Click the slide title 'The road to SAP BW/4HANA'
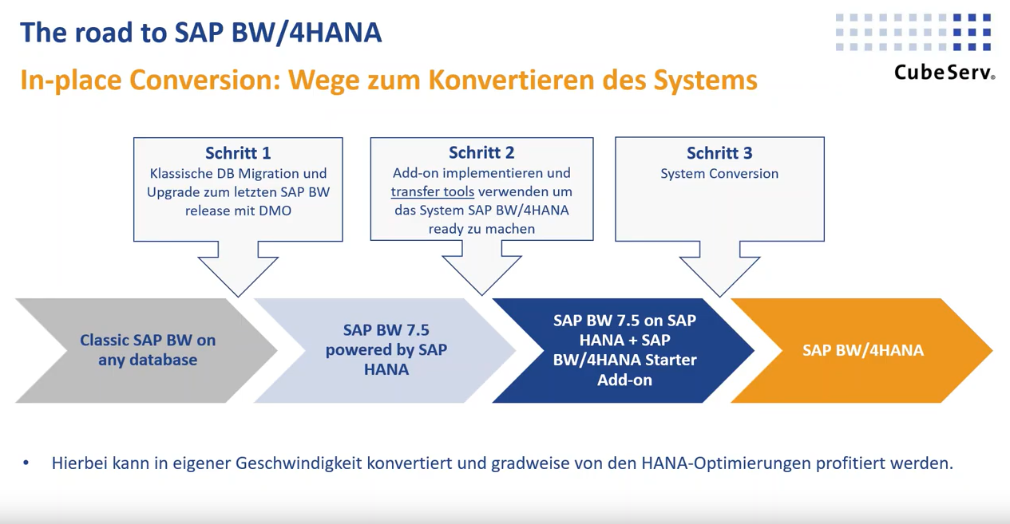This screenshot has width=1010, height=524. (200, 32)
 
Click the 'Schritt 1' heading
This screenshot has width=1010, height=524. (238, 153)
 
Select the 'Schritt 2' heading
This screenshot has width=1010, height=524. (481, 153)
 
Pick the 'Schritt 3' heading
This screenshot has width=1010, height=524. (719, 153)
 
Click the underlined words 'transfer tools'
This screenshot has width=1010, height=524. (433, 191)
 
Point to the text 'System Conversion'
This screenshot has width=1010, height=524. (719, 173)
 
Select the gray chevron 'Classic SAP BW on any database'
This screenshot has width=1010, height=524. (144, 350)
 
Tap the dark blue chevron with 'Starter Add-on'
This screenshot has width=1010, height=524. (624, 350)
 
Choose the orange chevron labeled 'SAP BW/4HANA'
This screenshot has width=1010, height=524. (862, 350)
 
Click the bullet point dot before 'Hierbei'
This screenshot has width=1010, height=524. (26, 463)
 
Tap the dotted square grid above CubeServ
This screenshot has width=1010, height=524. (913, 33)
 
